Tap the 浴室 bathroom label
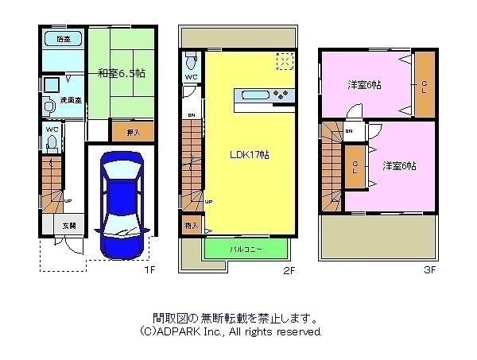(x=61, y=39)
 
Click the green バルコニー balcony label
(x=246, y=249)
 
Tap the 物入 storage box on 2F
(x=192, y=226)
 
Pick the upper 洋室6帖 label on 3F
(x=363, y=83)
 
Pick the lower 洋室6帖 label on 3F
(x=398, y=165)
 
